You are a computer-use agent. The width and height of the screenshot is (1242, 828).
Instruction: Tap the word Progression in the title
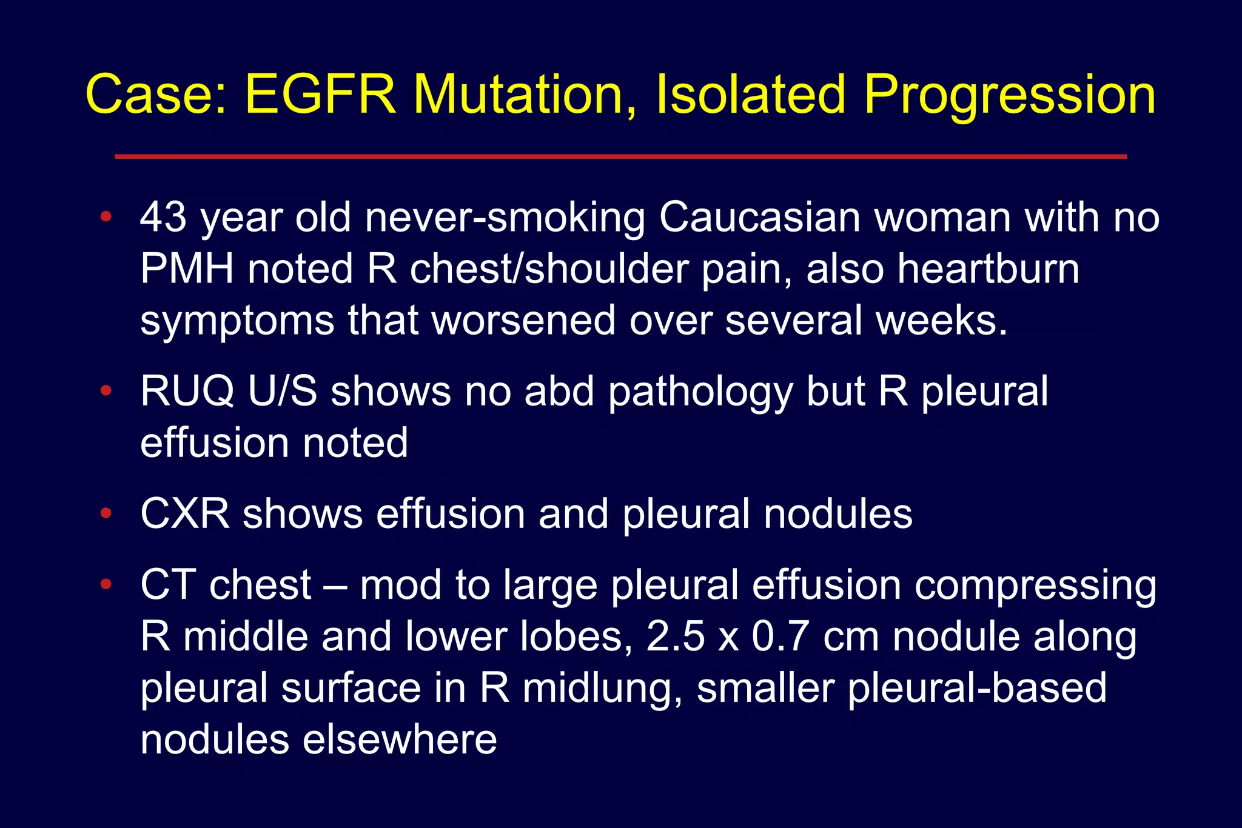[x=1009, y=96]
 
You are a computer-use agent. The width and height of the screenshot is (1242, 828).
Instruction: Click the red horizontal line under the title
[x=620, y=156]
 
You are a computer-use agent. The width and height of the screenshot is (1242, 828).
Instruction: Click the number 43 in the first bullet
[x=163, y=217]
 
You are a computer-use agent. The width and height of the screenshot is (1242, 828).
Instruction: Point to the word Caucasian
[x=759, y=217]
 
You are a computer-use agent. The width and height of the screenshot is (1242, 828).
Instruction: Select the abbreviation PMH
[x=187, y=269]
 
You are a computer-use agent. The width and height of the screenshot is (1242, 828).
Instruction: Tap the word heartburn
[x=988, y=269]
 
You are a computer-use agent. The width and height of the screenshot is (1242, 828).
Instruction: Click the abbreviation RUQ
[x=187, y=391]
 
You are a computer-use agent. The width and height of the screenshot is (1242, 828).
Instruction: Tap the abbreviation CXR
[x=185, y=514]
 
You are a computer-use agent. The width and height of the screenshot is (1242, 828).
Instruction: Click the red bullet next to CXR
[x=106, y=514]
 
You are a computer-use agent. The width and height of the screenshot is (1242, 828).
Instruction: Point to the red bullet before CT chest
[x=106, y=584]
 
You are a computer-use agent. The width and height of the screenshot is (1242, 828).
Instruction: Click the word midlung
[x=602, y=689]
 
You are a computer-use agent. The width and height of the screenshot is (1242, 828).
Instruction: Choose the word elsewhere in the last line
[x=400, y=740]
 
